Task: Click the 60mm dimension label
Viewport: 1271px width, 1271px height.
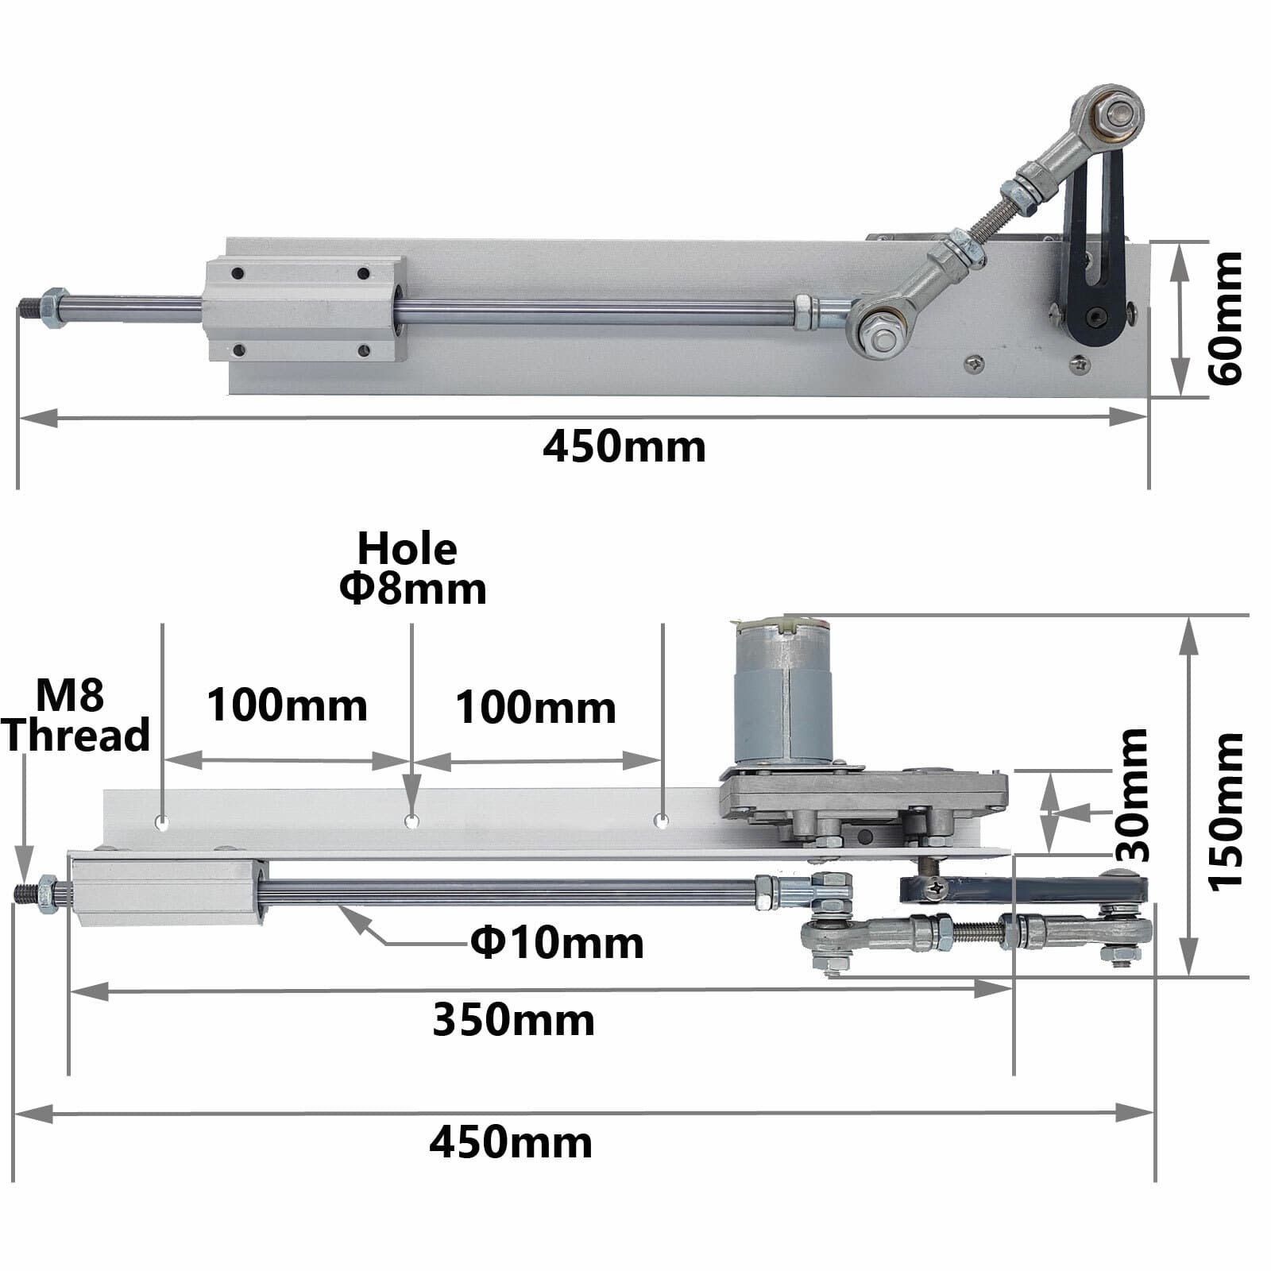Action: point(1224,318)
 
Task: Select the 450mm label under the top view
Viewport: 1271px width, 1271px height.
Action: point(624,446)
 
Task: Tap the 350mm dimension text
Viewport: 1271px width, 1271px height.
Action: point(513,1020)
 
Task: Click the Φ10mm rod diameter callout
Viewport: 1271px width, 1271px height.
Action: point(557,943)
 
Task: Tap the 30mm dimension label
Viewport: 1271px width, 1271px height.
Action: point(1131,795)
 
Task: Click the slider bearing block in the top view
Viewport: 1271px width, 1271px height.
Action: point(305,308)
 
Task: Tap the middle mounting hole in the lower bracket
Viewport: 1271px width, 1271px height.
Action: point(411,821)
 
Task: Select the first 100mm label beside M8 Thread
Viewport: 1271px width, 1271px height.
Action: point(287,705)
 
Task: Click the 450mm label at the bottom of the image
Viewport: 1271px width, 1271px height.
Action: point(511,1143)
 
